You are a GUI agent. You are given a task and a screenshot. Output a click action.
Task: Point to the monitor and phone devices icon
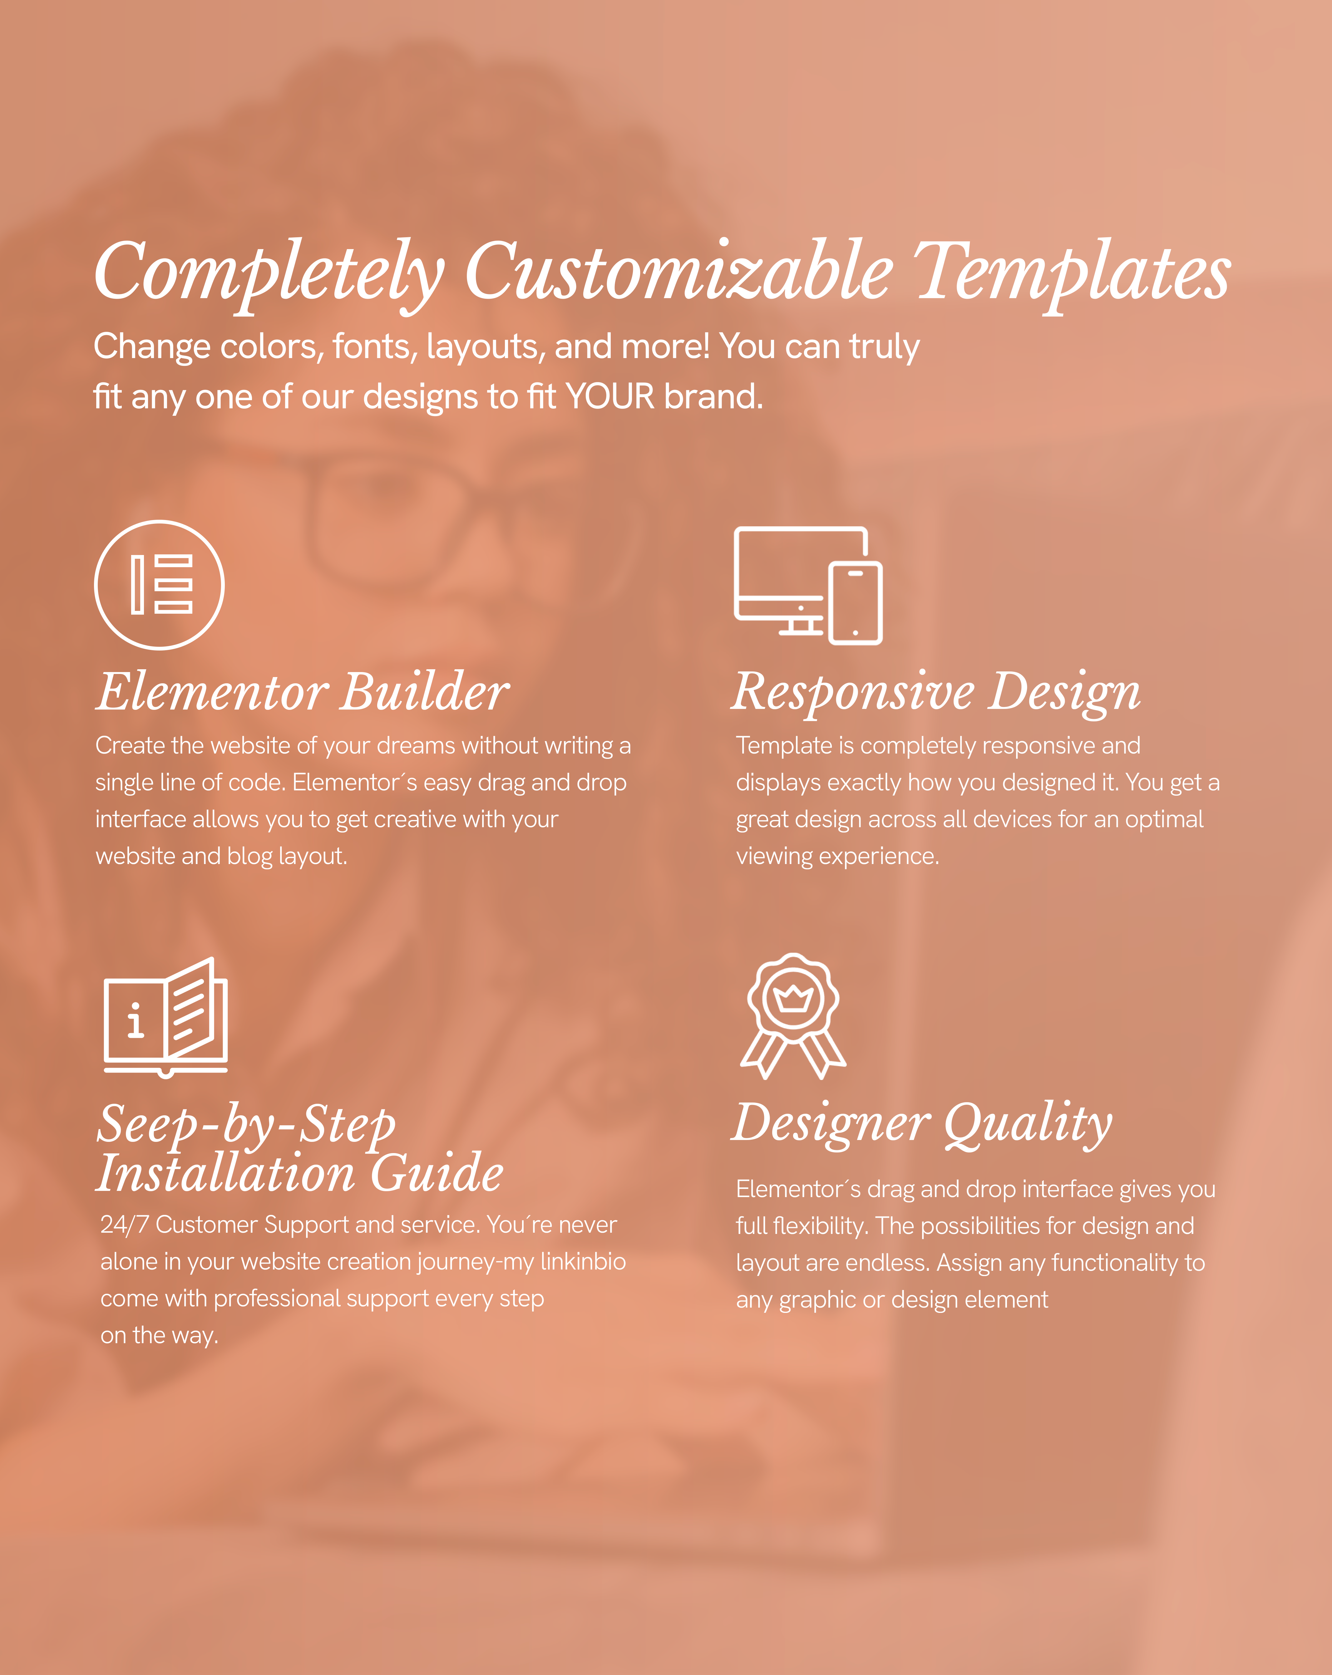point(808,586)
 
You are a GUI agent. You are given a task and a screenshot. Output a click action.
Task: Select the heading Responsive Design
point(936,692)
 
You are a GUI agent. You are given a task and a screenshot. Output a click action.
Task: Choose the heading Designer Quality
point(922,1123)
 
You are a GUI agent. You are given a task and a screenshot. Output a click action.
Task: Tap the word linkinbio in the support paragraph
point(583,1262)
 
